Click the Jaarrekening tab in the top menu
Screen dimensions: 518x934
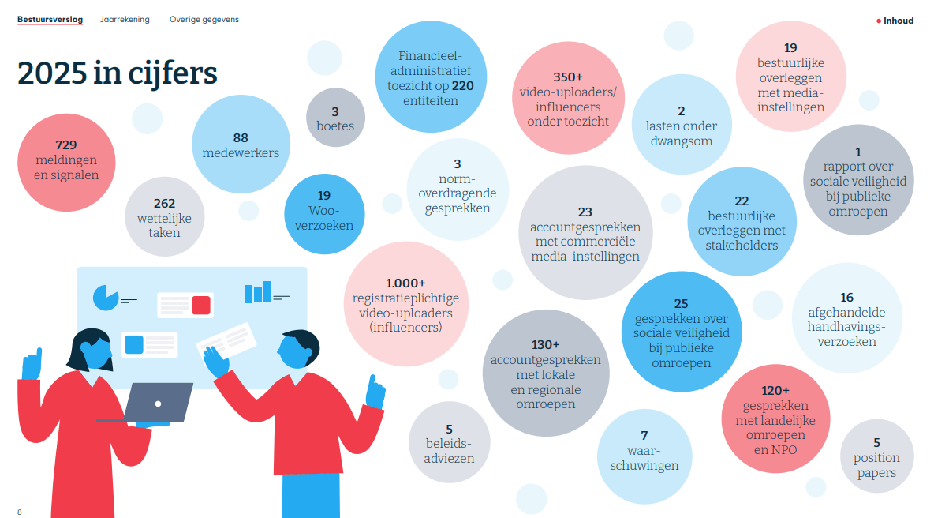(x=125, y=20)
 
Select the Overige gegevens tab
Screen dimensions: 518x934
(x=204, y=20)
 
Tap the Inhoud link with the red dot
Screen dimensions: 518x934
(x=897, y=21)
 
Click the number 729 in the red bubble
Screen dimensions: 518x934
(x=66, y=145)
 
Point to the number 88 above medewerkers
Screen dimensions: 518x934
(x=241, y=137)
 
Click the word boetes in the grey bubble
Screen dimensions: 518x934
(x=335, y=126)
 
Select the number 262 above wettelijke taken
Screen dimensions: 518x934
(x=164, y=203)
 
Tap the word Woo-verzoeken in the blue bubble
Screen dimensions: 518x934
(x=323, y=218)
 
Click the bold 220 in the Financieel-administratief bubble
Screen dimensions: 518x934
(x=463, y=86)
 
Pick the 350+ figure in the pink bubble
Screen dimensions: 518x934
(x=568, y=77)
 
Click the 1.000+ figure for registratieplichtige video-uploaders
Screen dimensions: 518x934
(x=405, y=283)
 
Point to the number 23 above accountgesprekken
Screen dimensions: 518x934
(x=585, y=212)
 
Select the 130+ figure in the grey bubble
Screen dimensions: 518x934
(x=545, y=345)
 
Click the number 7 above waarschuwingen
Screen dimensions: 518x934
(x=644, y=435)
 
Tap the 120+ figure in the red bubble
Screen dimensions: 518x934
(x=775, y=391)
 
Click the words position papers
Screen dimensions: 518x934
(x=876, y=465)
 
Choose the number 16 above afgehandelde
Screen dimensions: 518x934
(x=846, y=298)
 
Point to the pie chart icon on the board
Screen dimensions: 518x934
(x=105, y=298)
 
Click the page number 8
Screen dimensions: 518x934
(x=20, y=512)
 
